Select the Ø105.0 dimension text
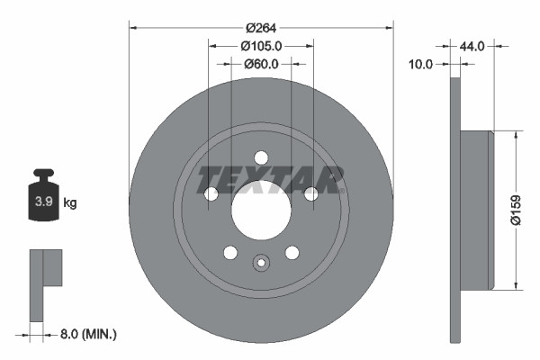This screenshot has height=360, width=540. click(261, 46)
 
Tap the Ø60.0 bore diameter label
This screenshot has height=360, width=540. click(261, 64)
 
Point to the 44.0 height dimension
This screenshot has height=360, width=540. click(473, 46)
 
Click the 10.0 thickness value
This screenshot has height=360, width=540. click(421, 64)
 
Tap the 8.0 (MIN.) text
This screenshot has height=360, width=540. click(86, 334)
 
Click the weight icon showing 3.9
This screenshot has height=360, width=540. click(42, 201)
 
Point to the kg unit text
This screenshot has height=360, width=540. click(69, 203)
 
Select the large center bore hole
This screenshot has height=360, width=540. click(261, 212)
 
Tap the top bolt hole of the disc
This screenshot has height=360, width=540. click(261, 157)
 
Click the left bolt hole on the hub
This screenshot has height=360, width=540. click(211, 194)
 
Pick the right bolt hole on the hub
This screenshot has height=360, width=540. click(311, 194)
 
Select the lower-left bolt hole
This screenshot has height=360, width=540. click(230, 253)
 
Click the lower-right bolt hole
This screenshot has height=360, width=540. click(292, 253)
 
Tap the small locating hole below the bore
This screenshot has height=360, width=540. click(261, 263)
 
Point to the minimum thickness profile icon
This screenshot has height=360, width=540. click(44, 283)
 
